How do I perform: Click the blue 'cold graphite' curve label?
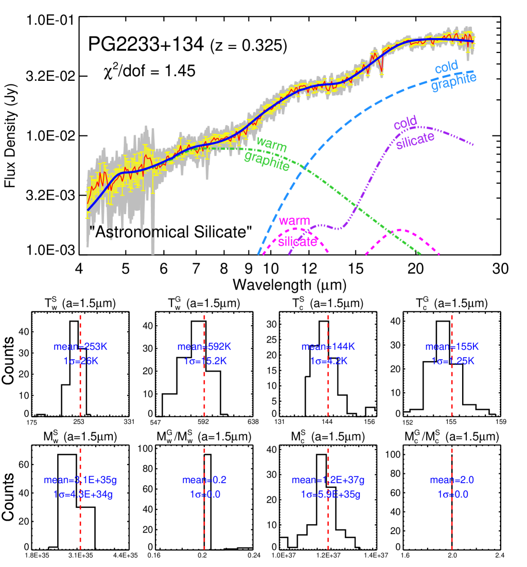click(453, 76)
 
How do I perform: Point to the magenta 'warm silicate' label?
click(296, 232)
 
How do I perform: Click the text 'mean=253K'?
click(81, 346)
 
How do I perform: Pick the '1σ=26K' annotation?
click(81, 361)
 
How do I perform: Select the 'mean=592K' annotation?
click(205, 346)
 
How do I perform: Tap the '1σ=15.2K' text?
click(205, 361)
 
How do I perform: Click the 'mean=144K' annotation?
click(328, 346)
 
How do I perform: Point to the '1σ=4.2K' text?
click(328, 361)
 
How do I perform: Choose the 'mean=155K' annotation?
click(452, 346)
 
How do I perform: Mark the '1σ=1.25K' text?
click(452, 361)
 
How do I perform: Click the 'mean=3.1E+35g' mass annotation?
click(81, 480)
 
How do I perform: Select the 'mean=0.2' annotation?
click(205, 480)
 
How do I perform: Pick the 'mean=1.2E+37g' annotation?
click(328, 480)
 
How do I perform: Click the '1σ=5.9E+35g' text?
click(330, 494)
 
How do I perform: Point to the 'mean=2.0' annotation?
click(452, 480)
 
